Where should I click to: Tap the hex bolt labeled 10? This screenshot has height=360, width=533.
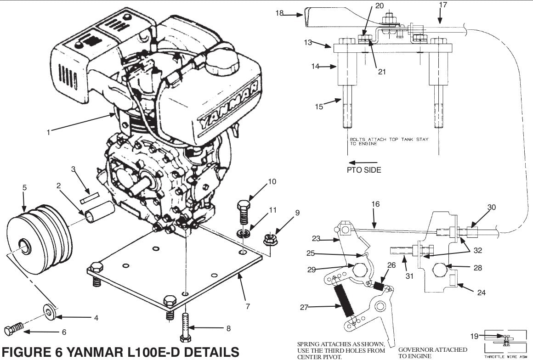tap(244, 210)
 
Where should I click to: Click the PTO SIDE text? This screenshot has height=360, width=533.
tap(364, 170)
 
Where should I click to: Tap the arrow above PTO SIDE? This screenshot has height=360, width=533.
tap(363, 162)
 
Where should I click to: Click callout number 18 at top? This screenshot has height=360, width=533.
tap(279, 13)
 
